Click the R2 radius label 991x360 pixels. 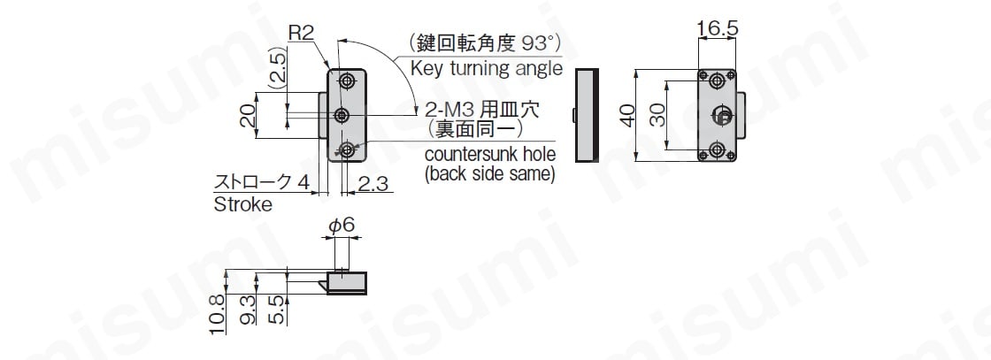(301, 33)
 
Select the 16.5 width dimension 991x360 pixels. (718, 28)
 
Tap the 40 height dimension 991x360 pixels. (627, 116)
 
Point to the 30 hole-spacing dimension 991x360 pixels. (658, 116)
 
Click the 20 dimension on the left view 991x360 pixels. (248, 116)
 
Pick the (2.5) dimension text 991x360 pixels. (277, 70)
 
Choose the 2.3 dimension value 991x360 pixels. (375, 184)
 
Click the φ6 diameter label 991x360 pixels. (342, 225)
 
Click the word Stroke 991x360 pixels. (243, 204)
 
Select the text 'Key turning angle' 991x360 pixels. (487, 68)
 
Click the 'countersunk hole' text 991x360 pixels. (490, 154)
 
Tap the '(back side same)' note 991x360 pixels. (490, 173)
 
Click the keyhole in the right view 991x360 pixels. (722, 114)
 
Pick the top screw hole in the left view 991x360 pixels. (346, 80)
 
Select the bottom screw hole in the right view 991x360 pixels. (717, 149)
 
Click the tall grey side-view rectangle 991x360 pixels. (586, 115)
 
